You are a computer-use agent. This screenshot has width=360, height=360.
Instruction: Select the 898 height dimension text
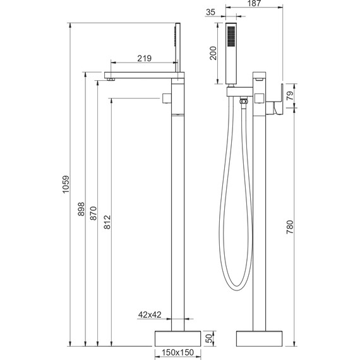click(81, 210)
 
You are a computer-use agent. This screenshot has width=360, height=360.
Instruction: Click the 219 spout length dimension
click(143, 58)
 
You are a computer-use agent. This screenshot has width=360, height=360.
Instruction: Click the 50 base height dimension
click(210, 337)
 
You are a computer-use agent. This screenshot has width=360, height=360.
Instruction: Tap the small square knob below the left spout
click(167, 98)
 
